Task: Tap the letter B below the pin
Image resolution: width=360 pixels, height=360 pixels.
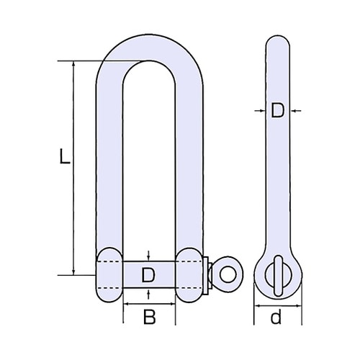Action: (148, 318)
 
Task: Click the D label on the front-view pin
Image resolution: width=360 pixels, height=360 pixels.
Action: (148, 274)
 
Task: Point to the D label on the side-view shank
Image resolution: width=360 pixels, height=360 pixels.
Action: (277, 111)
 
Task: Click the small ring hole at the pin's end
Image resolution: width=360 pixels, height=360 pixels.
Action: (228, 274)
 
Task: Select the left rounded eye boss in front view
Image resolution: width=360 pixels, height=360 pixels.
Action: (109, 274)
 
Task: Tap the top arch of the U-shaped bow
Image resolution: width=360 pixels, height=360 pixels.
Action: (148, 47)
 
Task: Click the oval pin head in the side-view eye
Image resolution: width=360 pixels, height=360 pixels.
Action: (277, 274)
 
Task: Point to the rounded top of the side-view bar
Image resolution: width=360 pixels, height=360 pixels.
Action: (277, 40)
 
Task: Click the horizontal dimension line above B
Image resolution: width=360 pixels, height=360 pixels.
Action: (148, 305)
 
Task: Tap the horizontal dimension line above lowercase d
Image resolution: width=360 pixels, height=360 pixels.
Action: (277, 305)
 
